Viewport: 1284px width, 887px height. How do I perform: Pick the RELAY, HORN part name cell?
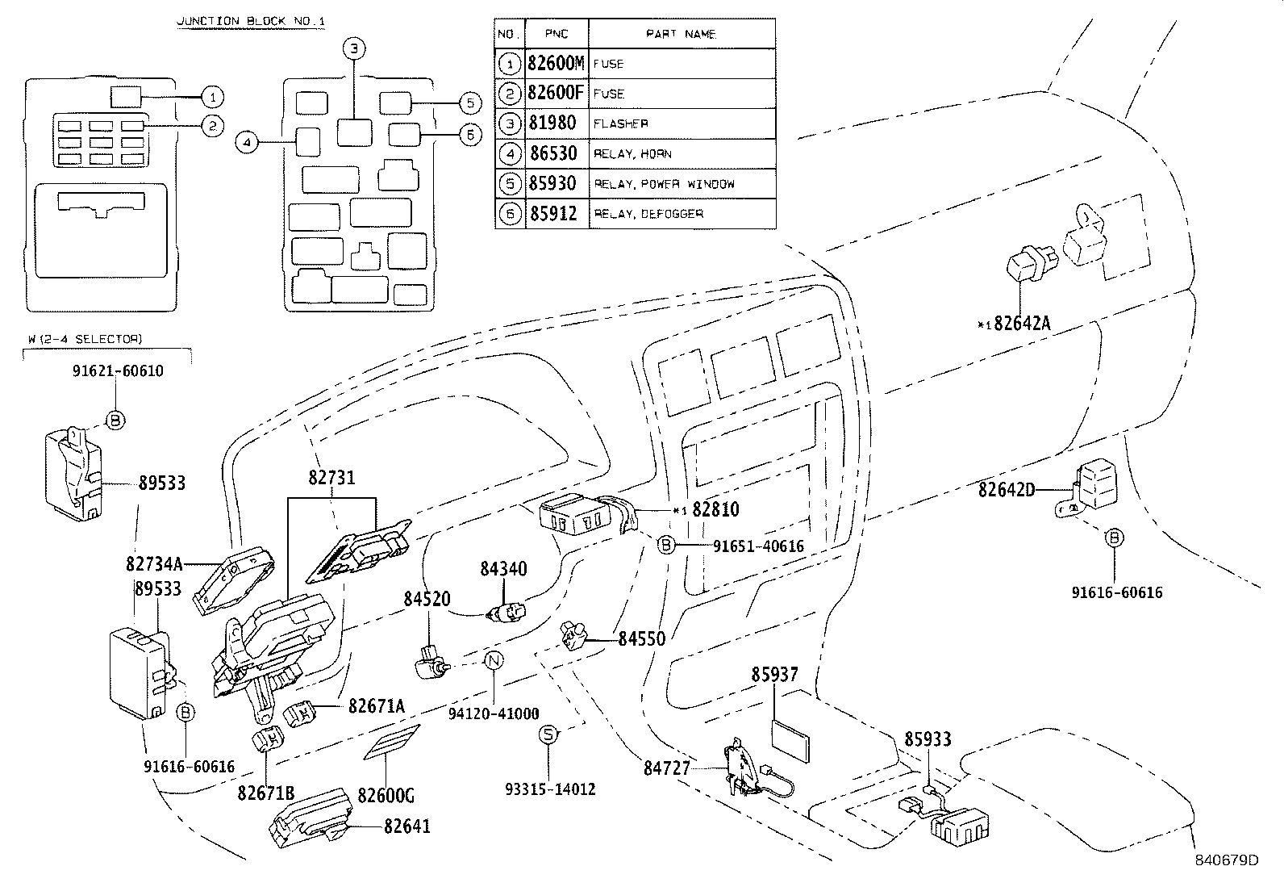(633, 154)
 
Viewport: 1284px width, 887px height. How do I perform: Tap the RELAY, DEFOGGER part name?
(649, 214)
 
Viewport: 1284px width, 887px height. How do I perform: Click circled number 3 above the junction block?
(353, 48)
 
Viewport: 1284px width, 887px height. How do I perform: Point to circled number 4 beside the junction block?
(247, 143)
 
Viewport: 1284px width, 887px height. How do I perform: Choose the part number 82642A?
(1022, 324)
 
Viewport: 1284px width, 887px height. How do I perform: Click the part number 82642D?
(1007, 490)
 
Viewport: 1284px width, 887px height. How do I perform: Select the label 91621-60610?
(118, 371)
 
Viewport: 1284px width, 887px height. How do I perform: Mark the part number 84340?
(503, 569)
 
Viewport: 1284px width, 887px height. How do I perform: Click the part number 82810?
(715, 510)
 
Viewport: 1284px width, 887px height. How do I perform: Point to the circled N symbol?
(494, 661)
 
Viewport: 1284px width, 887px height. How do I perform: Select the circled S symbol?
(548, 734)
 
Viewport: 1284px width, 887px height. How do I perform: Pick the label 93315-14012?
(548, 789)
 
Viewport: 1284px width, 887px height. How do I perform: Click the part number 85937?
(775, 674)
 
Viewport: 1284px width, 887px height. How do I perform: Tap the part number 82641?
(406, 826)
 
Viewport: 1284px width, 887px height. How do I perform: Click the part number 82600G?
(386, 797)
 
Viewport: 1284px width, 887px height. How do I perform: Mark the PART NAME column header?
(682, 34)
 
